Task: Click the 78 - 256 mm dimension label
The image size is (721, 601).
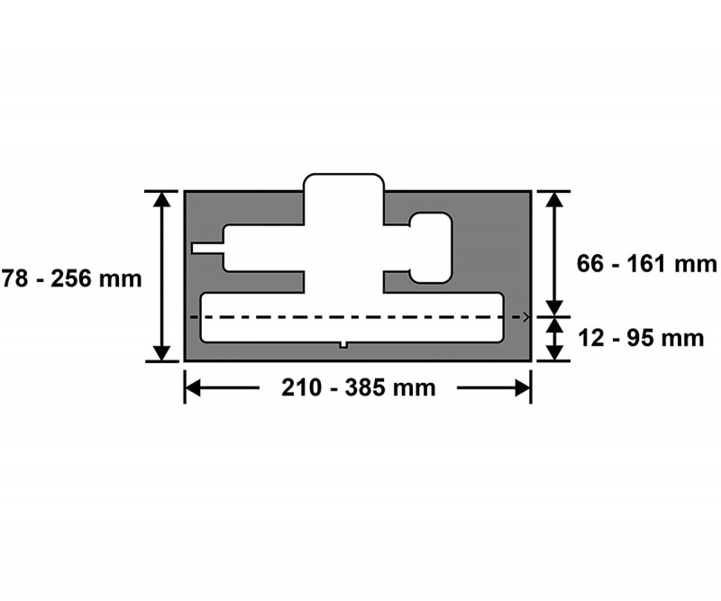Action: (x=71, y=279)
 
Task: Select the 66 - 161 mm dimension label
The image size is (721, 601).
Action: (x=646, y=264)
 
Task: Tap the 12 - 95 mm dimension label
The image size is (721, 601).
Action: (x=641, y=339)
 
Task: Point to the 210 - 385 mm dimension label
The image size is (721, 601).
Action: (x=358, y=387)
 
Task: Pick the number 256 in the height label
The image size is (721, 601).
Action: (x=71, y=279)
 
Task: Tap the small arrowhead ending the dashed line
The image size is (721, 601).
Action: (x=526, y=317)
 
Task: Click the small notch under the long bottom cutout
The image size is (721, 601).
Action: (x=343, y=345)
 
